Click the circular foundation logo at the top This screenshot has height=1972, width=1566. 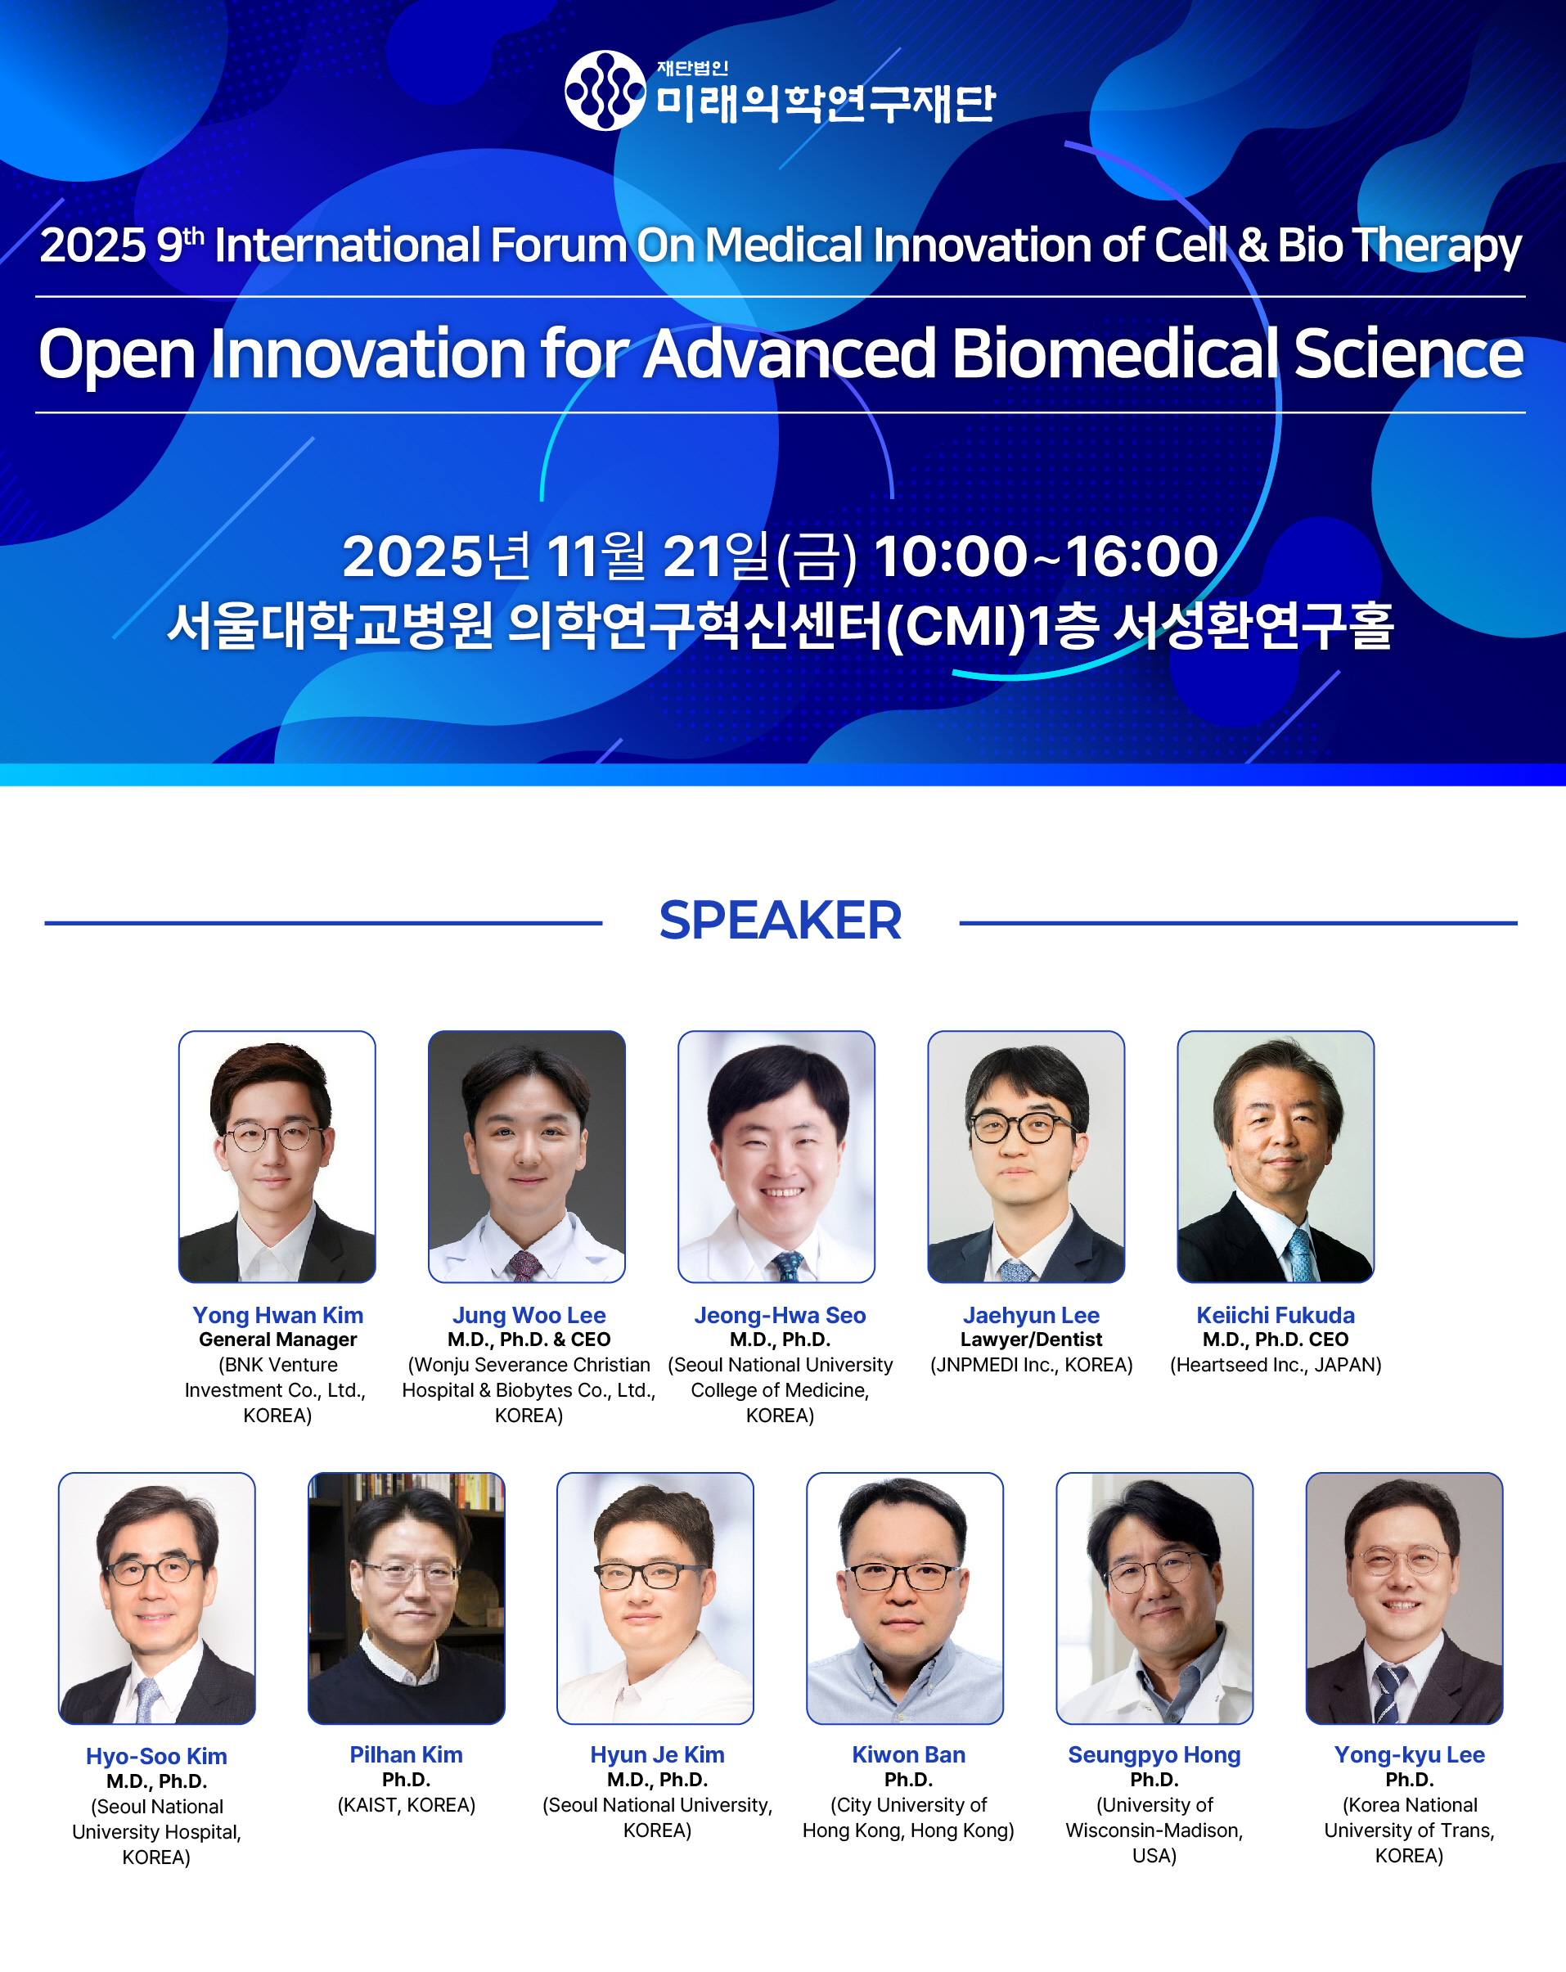[605, 91]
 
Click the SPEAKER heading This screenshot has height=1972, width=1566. [781, 921]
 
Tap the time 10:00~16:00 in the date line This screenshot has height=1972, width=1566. [1046, 556]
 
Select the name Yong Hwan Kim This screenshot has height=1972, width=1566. [278, 1315]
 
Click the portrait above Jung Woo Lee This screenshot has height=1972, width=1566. [527, 1157]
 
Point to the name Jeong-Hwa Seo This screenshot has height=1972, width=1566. [781, 1315]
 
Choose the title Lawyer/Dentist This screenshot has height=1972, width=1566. [1031, 1340]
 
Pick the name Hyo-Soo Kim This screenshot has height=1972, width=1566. [156, 1756]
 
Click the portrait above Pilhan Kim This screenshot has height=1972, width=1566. [406, 1598]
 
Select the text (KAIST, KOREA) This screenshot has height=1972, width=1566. [406, 1804]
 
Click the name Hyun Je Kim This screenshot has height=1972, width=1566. [657, 1754]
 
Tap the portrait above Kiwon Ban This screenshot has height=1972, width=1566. [905, 1598]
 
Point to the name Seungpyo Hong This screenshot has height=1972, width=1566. [1154, 1754]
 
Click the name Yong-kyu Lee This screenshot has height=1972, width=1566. [1409, 1754]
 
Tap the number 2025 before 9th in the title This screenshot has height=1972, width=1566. [92, 245]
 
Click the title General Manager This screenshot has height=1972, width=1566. [278, 1340]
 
